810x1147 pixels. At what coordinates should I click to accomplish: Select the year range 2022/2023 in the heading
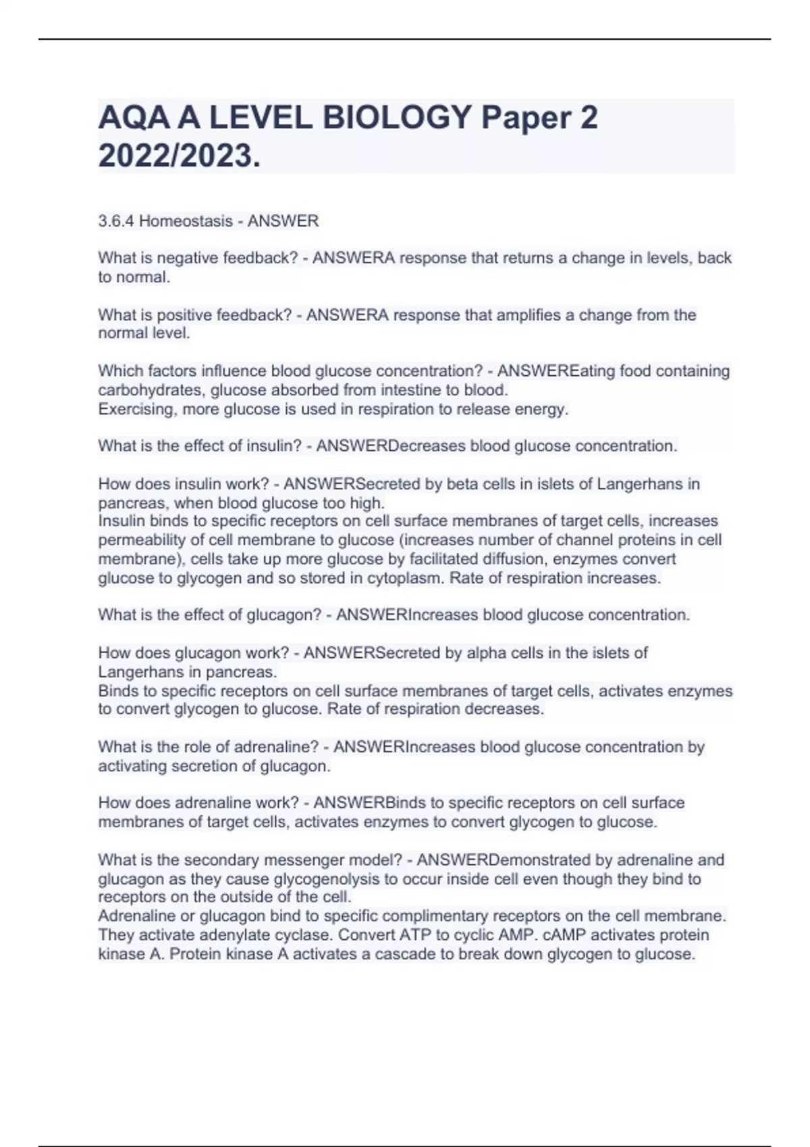[178, 157]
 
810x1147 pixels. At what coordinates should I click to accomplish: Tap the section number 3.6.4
[115, 221]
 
